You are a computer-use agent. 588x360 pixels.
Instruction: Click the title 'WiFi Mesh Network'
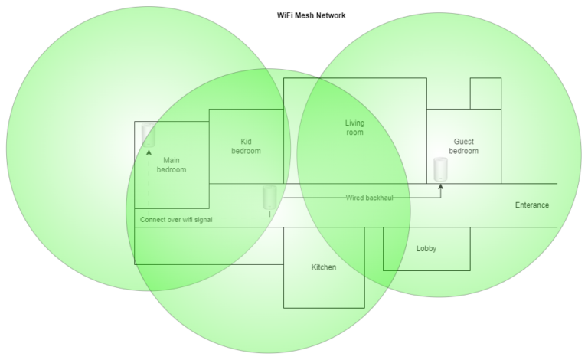[x=312, y=15]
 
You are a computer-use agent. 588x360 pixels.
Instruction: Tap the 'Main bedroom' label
[x=171, y=165]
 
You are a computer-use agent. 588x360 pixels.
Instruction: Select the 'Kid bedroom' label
[x=246, y=146]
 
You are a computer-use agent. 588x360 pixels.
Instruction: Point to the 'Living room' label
[x=354, y=128]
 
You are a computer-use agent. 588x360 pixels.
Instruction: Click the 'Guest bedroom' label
[x=463, y=146]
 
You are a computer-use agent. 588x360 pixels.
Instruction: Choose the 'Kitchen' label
[x=323, y=267]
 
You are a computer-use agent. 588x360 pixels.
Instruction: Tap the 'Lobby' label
[x=426, y=249]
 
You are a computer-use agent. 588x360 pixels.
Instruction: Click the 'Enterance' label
[x=532, y=205]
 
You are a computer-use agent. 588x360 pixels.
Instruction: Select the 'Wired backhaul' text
[x=370, y=198]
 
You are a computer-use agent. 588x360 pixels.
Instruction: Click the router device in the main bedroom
[x=149, y=136]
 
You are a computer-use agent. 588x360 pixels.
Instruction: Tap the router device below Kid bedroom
[x=269, y=197]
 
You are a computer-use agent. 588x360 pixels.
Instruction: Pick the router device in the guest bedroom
[x=440, y=170]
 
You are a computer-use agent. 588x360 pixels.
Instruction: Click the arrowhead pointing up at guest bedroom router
[x=440, y=186]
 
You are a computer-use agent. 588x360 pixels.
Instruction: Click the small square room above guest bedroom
[x=485, y=93]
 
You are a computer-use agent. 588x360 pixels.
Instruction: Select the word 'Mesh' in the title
[x=312, y=15]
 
